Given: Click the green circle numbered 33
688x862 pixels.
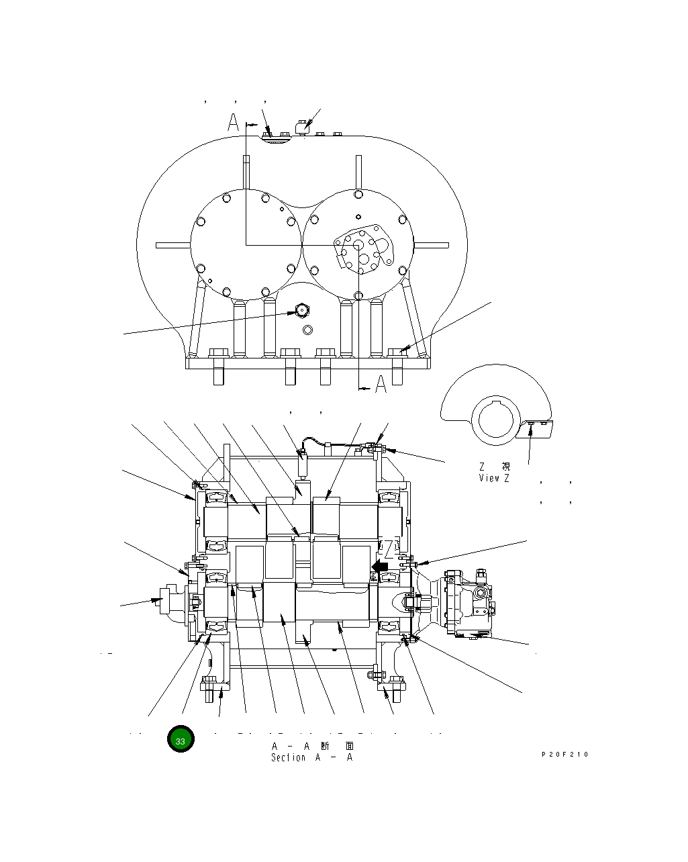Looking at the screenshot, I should coord(181,739).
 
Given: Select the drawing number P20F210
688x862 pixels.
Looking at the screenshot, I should coord(565,755).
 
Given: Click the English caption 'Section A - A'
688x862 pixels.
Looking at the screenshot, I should coord(311,758).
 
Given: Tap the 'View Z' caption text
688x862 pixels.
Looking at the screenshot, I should coord(494,478).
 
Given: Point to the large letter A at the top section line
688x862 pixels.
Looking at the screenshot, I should coord(233,123).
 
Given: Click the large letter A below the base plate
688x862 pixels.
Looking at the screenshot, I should coord(381,385).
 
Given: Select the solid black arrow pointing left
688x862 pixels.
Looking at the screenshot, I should coord(379,567).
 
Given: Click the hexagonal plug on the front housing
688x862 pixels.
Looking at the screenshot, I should coord(301,311).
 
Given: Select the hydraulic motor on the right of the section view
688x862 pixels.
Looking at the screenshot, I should coord(468,603).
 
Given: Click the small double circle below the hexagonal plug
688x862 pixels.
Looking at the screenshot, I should coord(308,330).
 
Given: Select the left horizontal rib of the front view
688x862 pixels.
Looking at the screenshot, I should coord(173,246).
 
